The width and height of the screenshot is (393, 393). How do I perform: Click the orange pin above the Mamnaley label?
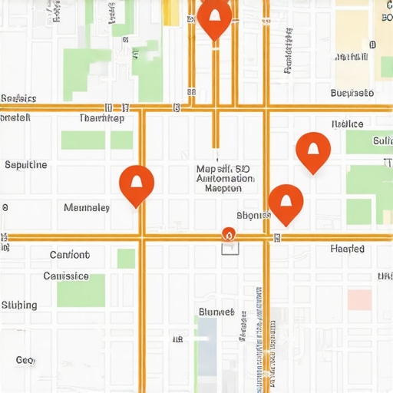tap(137, 183)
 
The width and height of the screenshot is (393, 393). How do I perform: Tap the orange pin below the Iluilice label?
tap(313, 150)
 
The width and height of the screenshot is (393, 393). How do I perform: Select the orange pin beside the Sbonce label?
tap(286, 203)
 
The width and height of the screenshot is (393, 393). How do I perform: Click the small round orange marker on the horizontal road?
tap(227, 233)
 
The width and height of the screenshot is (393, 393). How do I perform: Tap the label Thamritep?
tap(101, 119)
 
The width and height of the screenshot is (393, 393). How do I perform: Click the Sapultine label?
tap(26, 164)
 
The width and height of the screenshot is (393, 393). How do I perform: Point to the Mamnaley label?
tap(87, 207)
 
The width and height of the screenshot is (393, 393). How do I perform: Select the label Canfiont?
tap(69, 255)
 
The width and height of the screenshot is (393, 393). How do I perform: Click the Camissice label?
tap(66, 276)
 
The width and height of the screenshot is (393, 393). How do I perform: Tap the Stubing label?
tap(19, 305)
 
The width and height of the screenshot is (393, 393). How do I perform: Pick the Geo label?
tap(25, 360)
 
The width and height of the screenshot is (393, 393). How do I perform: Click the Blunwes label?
tap(216, 312)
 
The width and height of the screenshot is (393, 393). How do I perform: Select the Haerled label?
tap(352, 249)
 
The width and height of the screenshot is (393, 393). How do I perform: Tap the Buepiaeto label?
tap(352, 93)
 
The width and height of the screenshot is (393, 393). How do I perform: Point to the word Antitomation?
tap(225, 178)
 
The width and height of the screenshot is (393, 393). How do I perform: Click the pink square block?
tap(359, 299)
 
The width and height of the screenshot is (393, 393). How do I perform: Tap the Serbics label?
tap(19, 98)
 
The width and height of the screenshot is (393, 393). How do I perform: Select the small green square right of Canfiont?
tap(126, 259)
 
